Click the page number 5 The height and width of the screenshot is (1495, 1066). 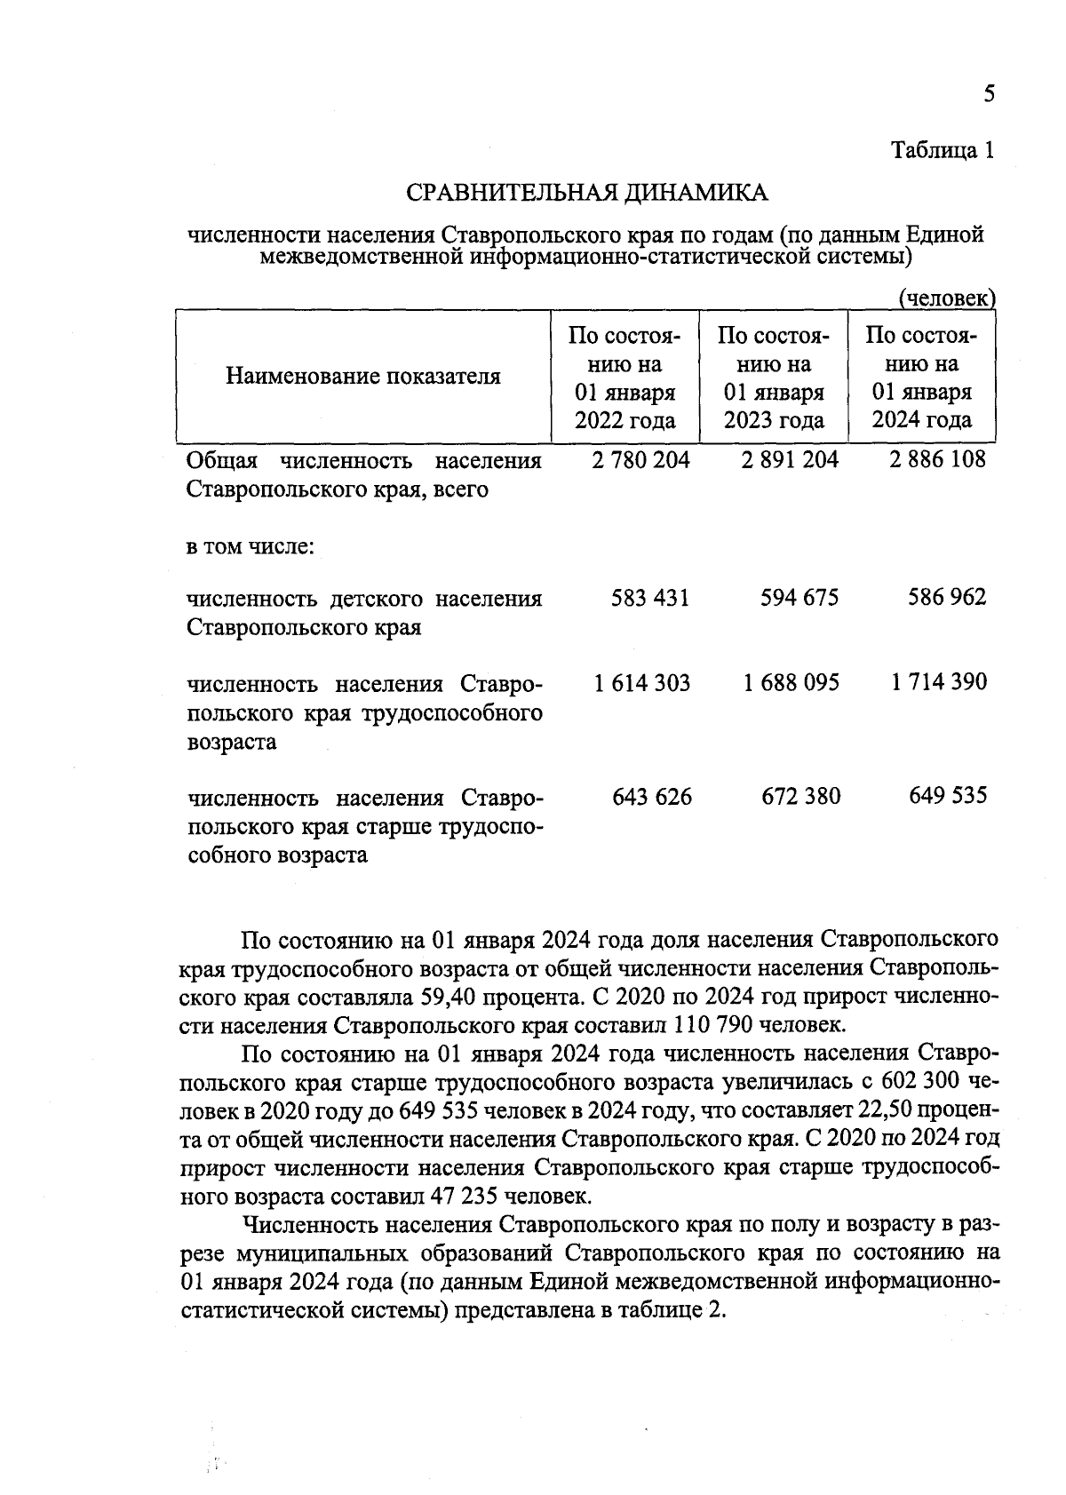[989, 94]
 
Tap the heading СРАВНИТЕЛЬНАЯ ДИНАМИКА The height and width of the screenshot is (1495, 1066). [586, 193]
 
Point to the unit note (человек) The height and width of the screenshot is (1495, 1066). [947, 299]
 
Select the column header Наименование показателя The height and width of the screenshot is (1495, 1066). [363, 376]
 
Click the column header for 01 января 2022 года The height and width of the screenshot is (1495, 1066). [625, 378]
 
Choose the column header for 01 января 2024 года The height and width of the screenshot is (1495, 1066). [921, 378]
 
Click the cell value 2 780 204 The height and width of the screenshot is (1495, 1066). [639, 460]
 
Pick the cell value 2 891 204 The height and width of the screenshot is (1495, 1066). [787, 460]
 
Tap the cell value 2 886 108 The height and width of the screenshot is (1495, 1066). [935, 460]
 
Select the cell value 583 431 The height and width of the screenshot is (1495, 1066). [649, 598]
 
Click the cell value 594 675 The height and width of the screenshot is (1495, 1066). [799, 598]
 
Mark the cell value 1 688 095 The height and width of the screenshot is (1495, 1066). [791, 683]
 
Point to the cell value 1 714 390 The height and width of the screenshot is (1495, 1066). [939, 682]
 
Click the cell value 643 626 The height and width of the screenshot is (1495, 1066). [652, 797]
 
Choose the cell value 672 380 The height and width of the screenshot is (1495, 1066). [800, 797]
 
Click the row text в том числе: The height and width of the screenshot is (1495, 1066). [250, 545]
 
